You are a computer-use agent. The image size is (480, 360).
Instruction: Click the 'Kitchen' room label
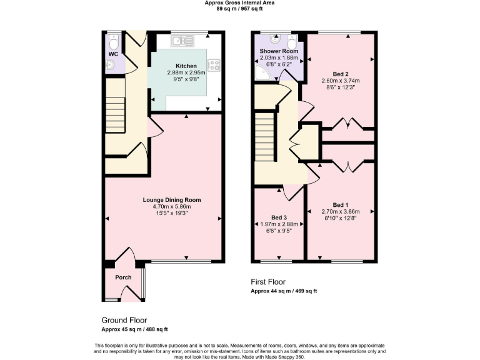186,66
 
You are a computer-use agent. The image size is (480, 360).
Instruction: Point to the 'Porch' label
123,277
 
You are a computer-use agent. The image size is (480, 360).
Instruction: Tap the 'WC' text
113,54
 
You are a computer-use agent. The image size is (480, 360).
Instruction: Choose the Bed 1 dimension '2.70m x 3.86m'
340,212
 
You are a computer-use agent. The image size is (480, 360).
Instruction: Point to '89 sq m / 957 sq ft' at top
239,9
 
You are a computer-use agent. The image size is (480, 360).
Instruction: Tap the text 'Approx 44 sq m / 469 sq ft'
284,291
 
